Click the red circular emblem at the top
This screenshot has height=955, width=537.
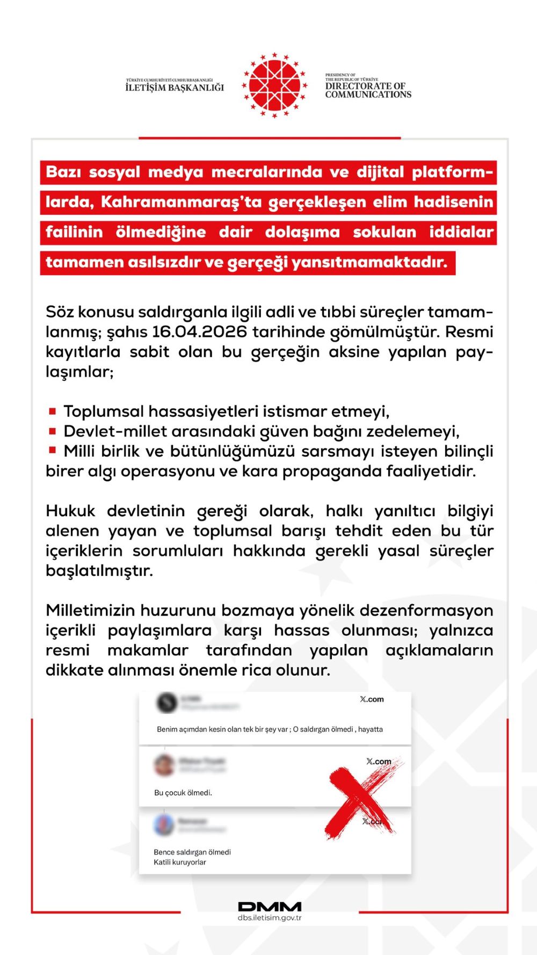(274, 85)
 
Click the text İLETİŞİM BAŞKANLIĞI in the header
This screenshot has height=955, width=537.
(175, 88)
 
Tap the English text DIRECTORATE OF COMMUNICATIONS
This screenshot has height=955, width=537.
(368, 90)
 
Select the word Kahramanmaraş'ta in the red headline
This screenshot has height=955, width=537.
(182, 202)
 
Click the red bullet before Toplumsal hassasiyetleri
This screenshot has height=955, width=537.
(52, 411)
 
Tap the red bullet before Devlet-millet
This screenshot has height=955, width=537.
(52, 431)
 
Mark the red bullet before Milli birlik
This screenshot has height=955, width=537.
(52, 450)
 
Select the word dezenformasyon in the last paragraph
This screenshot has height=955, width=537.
(426, 611)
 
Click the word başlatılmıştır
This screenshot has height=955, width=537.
(99, 571)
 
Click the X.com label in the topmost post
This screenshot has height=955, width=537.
(372, 699)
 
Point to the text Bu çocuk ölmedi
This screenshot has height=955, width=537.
(183, 793)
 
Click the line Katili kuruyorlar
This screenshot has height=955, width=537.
(180, 862)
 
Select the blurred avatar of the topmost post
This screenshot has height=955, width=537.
(166, 702)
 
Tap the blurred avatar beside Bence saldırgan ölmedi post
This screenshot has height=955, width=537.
(164, 824)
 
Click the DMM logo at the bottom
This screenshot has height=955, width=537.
(270, 907)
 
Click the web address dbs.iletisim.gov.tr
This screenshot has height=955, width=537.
(270, 918)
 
